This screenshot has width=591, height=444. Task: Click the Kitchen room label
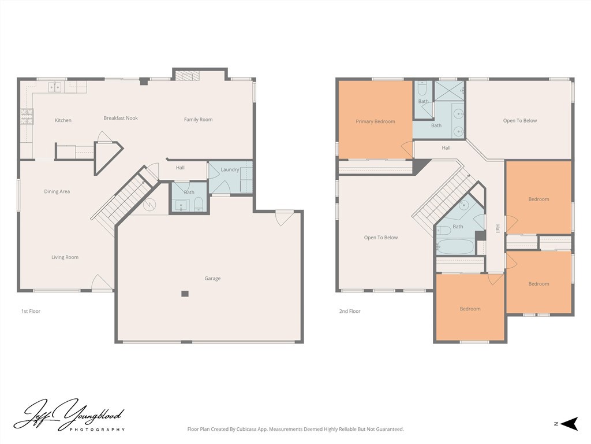(63, 120)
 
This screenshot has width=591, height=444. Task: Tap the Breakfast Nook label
(121, 118)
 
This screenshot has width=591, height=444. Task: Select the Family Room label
(199, 120)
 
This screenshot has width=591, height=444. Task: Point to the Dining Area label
(57, 191)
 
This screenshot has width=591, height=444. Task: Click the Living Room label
(65, 257)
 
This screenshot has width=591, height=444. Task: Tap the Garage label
(212, 279)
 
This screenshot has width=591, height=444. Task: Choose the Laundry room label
(230, 170)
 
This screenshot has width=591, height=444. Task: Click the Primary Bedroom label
(375, 121)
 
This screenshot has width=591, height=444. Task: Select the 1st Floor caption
(31, 312)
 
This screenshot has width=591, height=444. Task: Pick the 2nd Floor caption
(350, 312)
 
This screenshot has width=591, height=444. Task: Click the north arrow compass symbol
(569, 424)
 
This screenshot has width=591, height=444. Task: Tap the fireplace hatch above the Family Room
(187, 76)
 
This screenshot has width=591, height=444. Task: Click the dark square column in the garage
(185, 294)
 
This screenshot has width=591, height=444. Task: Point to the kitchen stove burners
(27, 117)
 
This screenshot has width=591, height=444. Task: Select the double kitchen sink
(55, 87)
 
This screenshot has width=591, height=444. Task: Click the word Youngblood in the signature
(92, 414)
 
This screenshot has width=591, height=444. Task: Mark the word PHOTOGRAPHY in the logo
(97, 430)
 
